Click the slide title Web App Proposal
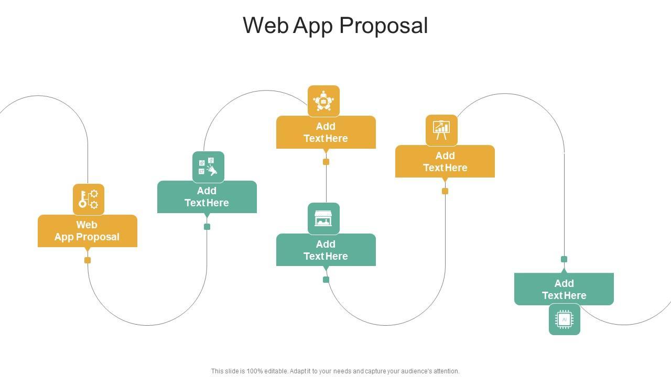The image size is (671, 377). (x=335, y=26)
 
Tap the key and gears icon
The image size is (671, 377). (x=88, y=199)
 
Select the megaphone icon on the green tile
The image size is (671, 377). (x=208, y=167)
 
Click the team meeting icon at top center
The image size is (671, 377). (x=323, y=101)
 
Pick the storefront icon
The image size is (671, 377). (x=323, y=218)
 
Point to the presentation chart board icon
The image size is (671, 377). (x=441, y=130)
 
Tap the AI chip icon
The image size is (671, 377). (x=565, y=319)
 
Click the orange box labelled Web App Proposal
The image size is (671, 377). (x=88, y=231)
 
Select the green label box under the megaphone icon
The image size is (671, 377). (x=207, y=197)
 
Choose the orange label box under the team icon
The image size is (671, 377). (x=326, y=132)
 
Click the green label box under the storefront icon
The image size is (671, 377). (x=326, y=250)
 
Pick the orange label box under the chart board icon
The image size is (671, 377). (x=445, y=161)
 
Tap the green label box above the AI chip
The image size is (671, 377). (x=564, y=289)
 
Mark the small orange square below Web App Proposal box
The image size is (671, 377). (x=88, y=260)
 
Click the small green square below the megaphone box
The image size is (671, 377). (x=207, y=227)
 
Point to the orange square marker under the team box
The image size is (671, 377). (x=326, y=162)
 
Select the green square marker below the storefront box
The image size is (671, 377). (x=326, y=280)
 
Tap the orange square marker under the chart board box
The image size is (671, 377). (x=445, y=191)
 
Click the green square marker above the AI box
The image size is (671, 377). (x=564, y=259)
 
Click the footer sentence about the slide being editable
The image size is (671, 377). (x=335, y=371)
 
